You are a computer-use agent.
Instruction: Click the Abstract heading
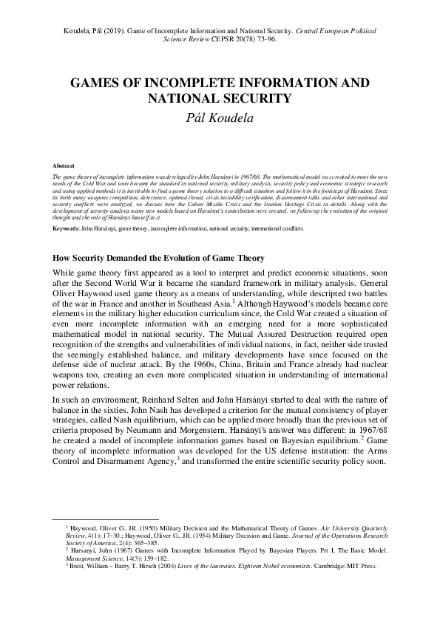(64, 167)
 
